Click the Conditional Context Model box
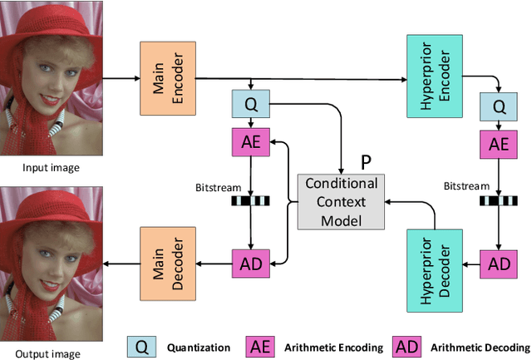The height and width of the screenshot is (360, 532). (x=341, y=202)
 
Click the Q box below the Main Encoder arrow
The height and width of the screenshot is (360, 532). (x=251, y=105)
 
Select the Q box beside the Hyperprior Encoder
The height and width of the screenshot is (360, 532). (x=498, y=106)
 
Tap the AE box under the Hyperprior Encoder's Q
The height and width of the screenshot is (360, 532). (x=498, y=144)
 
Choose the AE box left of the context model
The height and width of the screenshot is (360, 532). (x=251, y=142)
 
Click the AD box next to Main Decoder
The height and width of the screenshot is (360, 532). (x=251, y=264)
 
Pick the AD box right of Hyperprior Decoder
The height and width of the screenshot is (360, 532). (x=498, y=264)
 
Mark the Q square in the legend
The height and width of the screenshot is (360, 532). (x=142, y=345)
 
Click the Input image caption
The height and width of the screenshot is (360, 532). (x=52, y=168)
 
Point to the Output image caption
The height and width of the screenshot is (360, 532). (x=52, y=353)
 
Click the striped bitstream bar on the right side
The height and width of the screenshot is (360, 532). (x=498, y=200)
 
